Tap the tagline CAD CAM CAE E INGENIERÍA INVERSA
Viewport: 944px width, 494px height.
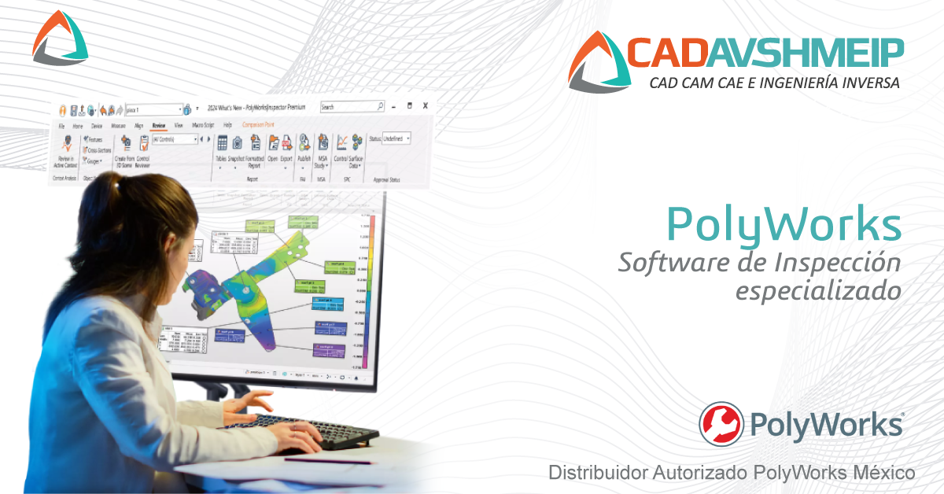click(773, 83)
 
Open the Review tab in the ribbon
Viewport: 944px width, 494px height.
click(158, 125)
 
